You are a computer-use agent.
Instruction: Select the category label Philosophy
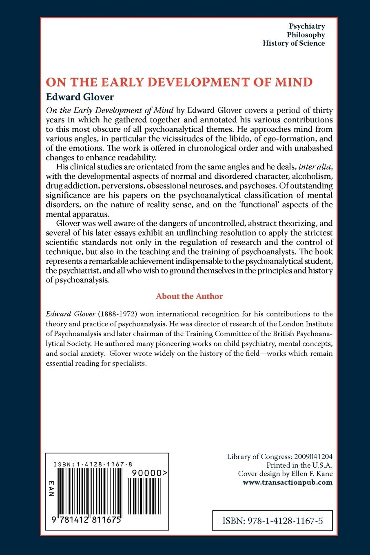tap(306, 35)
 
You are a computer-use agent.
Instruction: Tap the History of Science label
tap(294, 43)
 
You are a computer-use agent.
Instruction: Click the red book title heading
tap(179, 82)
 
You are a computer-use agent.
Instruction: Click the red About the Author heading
tap(189, 296)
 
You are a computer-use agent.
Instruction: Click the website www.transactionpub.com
tap(288, 482)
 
